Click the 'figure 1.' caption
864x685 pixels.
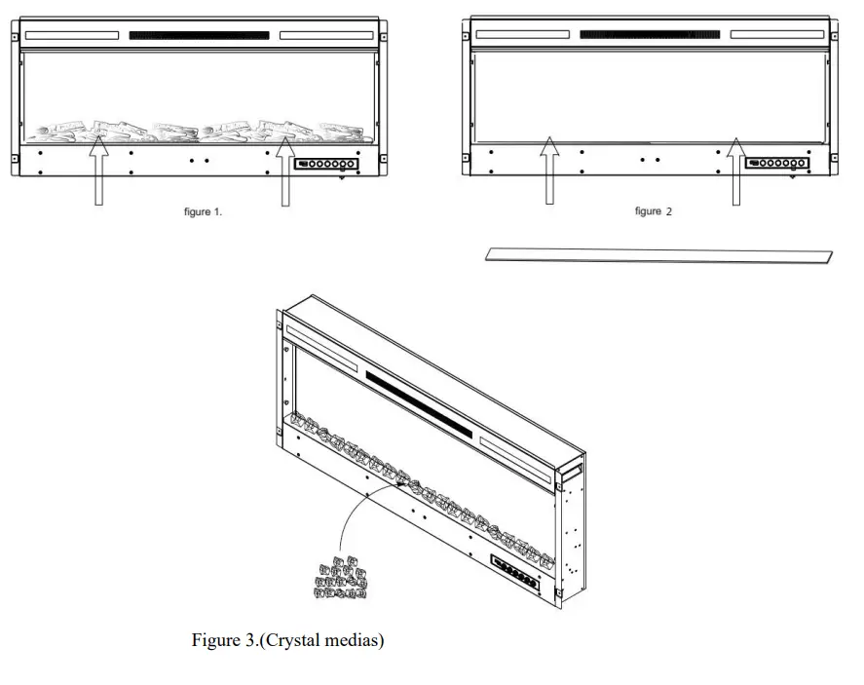(x=203, y=212)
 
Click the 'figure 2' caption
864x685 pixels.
(x=653, y=211)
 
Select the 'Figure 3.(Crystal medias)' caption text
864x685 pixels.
(x=287, y=640)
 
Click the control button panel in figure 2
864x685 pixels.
(x=775, y=164)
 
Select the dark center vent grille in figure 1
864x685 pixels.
(x=199, y=36)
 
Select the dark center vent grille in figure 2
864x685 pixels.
(x=650, y=35)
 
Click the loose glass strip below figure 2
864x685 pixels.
(x=659, y=255)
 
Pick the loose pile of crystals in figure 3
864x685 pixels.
(x=340, y=577)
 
